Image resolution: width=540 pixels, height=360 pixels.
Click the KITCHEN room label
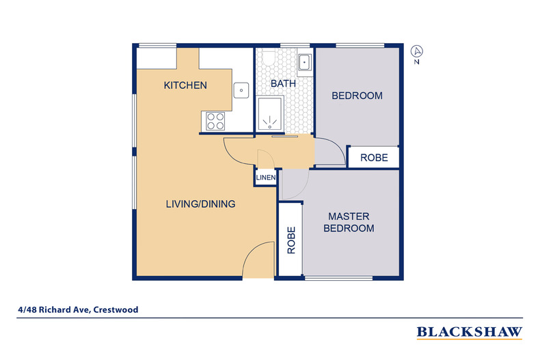point(185,85)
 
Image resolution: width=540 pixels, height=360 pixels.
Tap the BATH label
point(282,83)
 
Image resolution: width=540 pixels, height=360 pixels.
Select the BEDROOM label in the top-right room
point(357,96)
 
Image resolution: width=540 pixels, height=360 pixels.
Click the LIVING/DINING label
point(201,204)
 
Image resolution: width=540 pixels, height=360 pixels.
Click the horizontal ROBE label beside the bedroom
point(374,157)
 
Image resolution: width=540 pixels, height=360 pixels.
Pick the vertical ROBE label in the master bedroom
point(291,240)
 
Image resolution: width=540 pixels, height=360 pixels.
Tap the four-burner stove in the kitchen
point(216,121)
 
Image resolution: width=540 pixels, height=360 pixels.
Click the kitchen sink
point(241,88)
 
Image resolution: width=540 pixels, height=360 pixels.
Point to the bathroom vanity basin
point(305,62)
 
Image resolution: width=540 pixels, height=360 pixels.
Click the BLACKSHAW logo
point(470,333)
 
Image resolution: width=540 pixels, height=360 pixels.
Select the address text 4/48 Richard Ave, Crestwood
point(79,309)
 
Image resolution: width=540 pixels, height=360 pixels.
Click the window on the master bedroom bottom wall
point(338,278)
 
